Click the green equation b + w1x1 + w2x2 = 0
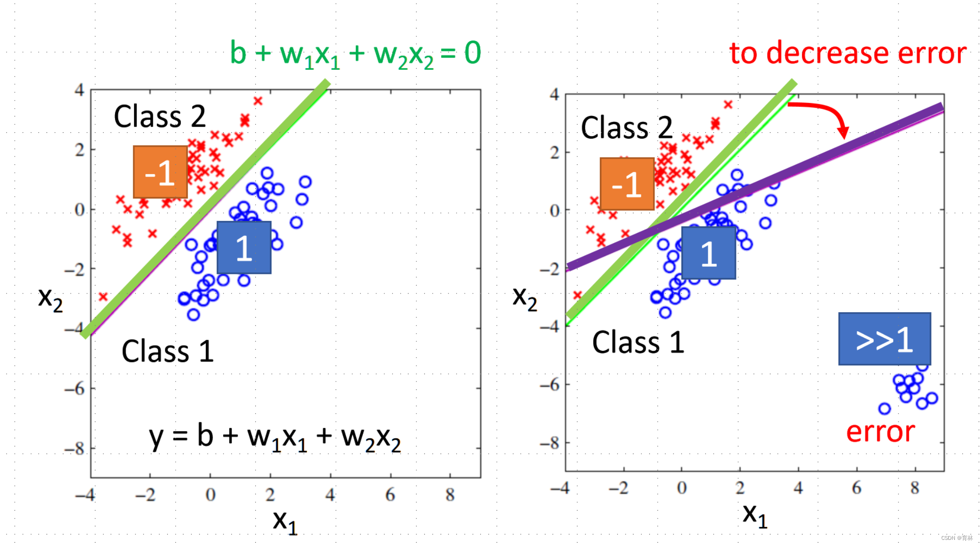pos(355,54)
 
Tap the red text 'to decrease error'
pos(847,53)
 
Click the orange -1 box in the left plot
pos(160,172)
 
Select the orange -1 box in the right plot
pos(627,184)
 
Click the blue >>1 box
pos(884,339)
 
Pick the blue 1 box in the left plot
pos(244,247)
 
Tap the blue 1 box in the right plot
pos(708,253)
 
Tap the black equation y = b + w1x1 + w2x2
pos(275,437)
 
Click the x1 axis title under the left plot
pos(285,521)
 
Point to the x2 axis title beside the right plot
pos(524,298)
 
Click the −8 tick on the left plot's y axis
pos(75,449)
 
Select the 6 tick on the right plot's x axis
pos(856,488)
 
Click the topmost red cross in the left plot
pos(258,101)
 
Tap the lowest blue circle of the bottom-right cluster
pos(884,409)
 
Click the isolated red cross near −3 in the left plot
pos(103,297)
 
